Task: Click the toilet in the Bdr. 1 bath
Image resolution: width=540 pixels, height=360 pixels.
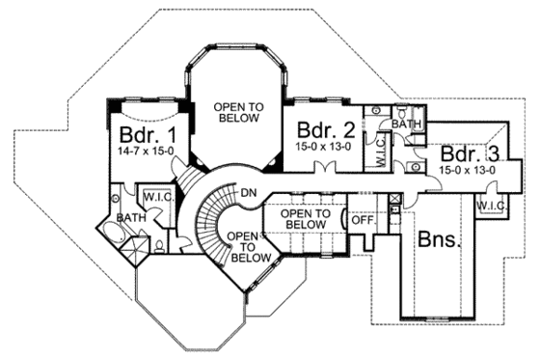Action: tap(158, 243)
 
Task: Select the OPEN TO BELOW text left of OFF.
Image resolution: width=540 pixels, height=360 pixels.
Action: tap(305, 219)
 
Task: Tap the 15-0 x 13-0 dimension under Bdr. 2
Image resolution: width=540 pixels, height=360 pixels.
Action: tap(319, 146)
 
